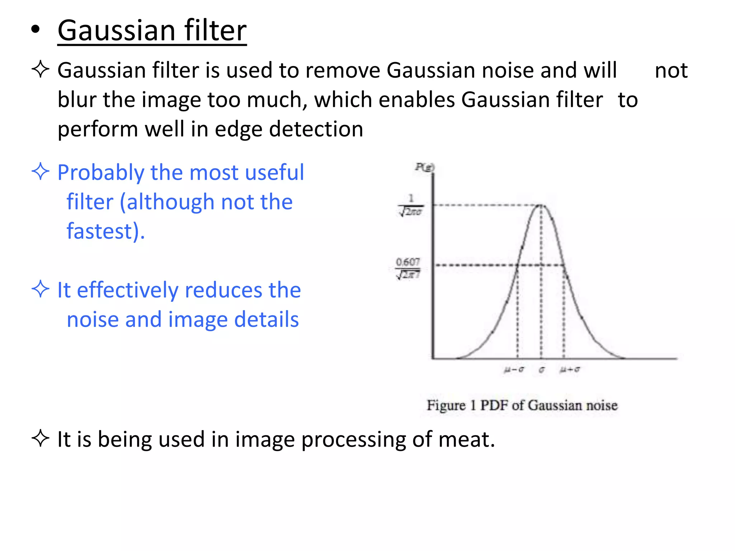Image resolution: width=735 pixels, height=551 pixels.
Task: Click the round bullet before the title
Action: [35, 30]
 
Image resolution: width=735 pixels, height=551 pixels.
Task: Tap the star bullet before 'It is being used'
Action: [40, 438]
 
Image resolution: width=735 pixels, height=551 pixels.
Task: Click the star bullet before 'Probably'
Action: [40, 171]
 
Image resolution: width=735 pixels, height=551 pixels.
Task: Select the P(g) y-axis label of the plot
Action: [425, 167]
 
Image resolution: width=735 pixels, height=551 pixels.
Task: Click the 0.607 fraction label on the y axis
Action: [408, 268]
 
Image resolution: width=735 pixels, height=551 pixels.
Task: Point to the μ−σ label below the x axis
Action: [514, 369]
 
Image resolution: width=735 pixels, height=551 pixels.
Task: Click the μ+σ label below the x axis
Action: [570, 369]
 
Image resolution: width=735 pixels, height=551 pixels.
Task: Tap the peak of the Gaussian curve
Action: [541, 205]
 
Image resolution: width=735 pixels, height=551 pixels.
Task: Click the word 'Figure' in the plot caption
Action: [446, 405]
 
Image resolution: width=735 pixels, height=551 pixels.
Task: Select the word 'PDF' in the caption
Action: [495, 405]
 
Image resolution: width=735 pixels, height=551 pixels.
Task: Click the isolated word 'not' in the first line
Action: [671, 70]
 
